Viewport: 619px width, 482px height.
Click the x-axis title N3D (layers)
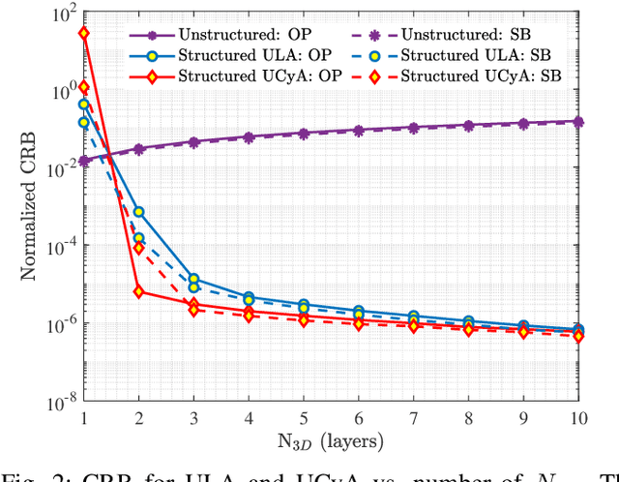tap(332, 442)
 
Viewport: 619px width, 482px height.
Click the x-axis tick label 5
tap(304, 418)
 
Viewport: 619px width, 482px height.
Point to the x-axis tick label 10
tap(578, 418)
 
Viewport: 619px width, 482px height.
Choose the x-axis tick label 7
tap(414, 418)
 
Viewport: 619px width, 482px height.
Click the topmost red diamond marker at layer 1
tap(84, 33)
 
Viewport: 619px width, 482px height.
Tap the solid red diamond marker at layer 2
tap(138, 291)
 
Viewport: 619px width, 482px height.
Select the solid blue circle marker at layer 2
tap(138, 212)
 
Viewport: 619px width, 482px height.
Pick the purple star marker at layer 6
tap(359, 130)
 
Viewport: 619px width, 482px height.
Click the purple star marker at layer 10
tap(578, 122)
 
